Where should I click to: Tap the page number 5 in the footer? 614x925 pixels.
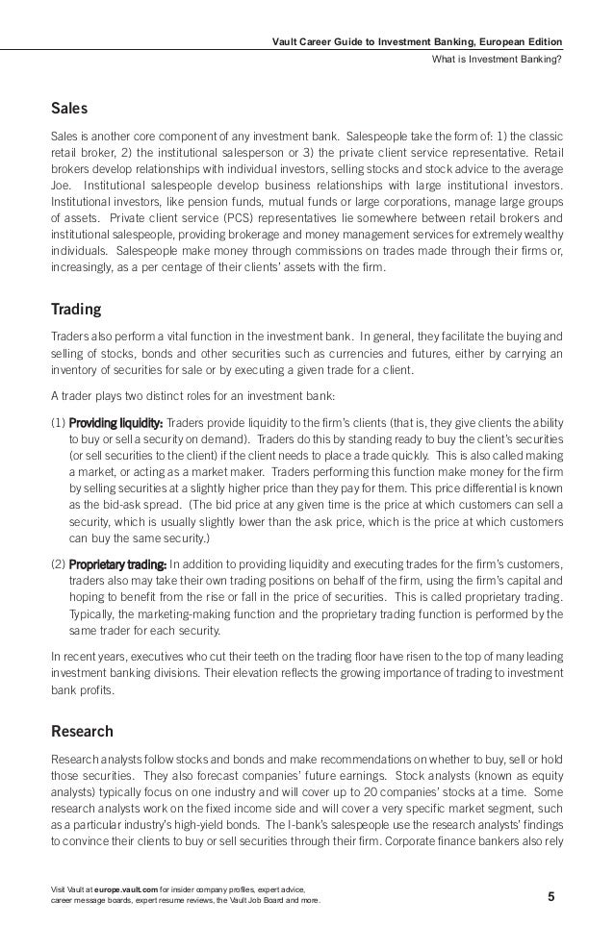coord(551,897)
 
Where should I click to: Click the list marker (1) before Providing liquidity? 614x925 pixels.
coord(58,422)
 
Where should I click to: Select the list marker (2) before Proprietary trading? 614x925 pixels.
coord(58,562)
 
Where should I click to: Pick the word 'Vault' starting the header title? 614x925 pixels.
coord(288,39)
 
